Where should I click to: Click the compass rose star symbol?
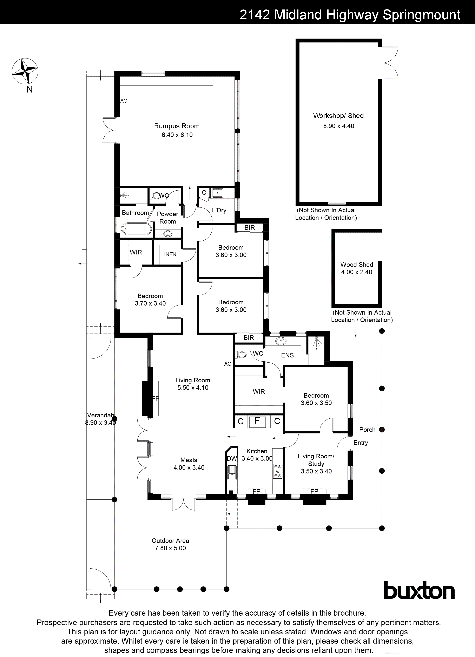[x=25, y=71]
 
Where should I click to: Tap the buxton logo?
[x=419, y=591]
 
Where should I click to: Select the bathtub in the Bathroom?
[x=136, y=229]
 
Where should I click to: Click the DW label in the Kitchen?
[x=232, y=459]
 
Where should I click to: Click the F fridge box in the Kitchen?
[x=257, y=421]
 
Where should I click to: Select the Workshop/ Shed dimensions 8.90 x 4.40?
[x=338, y=126]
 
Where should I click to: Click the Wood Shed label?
[x=356, y=265]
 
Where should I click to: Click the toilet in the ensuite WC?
[x=241, y=354]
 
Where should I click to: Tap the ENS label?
[x=287, y=355]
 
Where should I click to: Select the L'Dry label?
[x=219, y=210]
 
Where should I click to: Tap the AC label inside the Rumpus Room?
[x=124, y=101]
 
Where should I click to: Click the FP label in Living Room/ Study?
[x=314, y=491]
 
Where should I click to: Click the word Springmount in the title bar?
[x=421, y=15]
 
